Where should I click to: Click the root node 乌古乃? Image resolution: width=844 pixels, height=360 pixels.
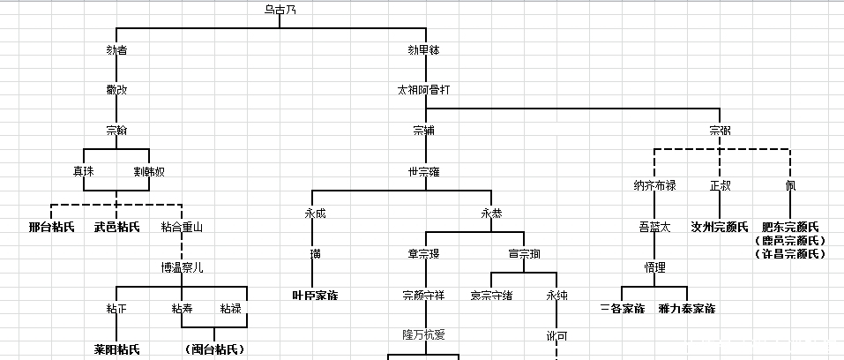pyautogui.click(x=280, y=11)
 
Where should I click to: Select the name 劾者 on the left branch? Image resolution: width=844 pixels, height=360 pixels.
pyautogui.click(x=116, y=50)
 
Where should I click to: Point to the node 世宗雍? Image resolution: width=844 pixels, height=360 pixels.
pyautogui.click(x=424, y=171)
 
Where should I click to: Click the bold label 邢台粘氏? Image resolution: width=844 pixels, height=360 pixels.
pyautogui.click(x=51, y=227)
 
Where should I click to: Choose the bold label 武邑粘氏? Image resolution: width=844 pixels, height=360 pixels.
pyautogui.click(x=116, y=227)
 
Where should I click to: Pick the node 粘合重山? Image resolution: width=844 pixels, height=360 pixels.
pyautogui.click(x=182, y=227)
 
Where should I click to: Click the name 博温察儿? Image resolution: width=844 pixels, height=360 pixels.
pyautogui.click(x=182, y=267)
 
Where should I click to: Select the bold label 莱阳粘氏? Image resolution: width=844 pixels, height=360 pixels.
pyautogui.click(x=116, y=349)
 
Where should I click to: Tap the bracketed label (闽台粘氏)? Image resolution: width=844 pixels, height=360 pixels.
pyautogui.click(x=214, y=349)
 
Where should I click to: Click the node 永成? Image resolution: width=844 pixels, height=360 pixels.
pyautogui.click(x=315, y=213)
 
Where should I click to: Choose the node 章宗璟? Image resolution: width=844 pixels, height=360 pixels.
pyautogui.click(x=424, y=253)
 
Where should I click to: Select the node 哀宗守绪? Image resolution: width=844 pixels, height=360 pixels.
pyautogui.click(x=491, y=294)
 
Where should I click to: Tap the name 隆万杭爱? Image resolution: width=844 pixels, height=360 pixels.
pyautogui.click(x=424, y=334)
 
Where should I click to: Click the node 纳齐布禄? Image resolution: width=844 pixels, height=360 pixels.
pyautogui.click(x=654, y=185)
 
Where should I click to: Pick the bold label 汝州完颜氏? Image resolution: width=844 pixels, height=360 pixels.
pyautogui.click(x=720, y=227)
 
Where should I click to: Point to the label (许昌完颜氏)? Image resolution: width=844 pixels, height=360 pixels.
pyautogui.click(x=790, y=254)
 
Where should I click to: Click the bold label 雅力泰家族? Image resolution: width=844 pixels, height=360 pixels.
pyautogui.click(x=686, y=309)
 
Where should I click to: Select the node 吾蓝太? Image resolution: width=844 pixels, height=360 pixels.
pyautogui.click(x=654, y=227)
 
